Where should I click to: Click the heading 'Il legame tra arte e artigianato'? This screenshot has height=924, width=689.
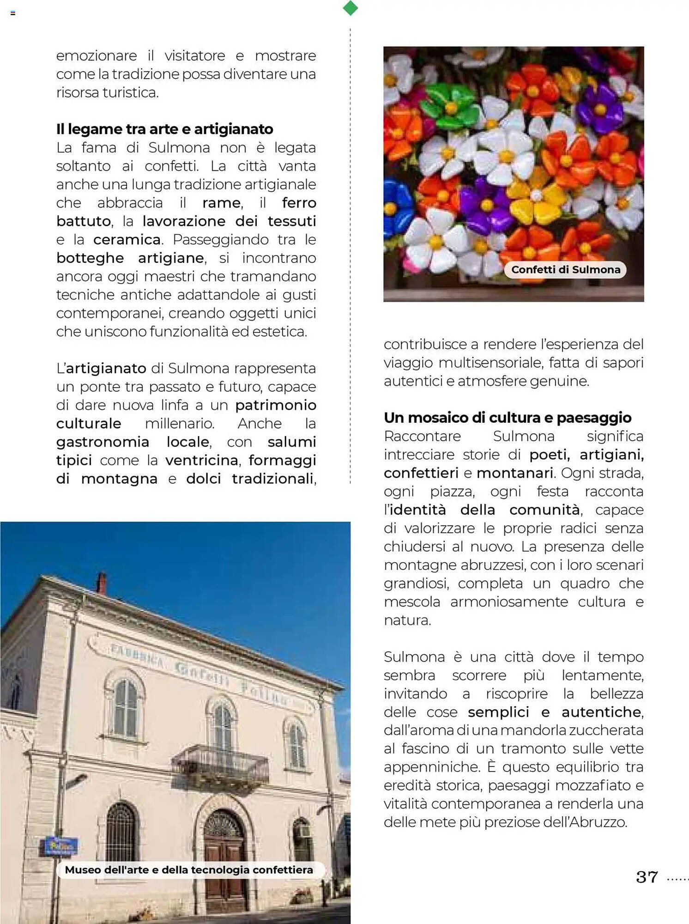164,129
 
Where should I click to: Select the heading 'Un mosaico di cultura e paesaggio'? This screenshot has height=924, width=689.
507,418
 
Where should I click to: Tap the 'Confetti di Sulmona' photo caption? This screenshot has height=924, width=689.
565,270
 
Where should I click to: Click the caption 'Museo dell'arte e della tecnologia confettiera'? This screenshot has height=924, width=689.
189,870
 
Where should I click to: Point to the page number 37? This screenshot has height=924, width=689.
647,877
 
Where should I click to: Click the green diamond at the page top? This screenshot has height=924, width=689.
351,8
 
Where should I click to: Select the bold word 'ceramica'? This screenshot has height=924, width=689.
127,240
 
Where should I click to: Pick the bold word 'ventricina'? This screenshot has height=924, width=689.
202,460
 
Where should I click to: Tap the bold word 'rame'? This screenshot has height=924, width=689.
221,203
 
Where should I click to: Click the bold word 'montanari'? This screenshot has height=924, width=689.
514,473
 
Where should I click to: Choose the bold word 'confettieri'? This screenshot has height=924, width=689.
421,473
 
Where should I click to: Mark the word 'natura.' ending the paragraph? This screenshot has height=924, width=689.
407,620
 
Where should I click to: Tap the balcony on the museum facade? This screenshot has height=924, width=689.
220,765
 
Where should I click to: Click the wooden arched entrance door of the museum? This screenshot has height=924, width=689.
224,855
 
